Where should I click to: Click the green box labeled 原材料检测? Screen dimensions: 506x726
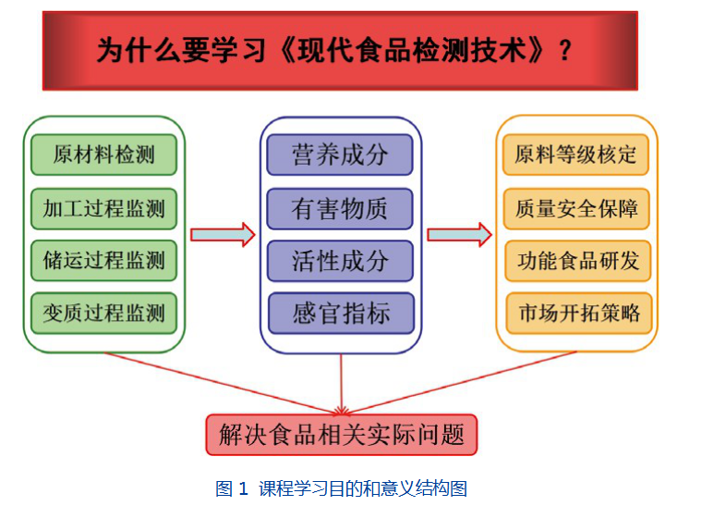point(103,154)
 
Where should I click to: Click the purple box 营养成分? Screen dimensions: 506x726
point(340,154)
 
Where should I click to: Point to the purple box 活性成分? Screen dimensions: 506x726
point(340,261)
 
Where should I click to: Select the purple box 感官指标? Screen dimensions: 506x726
point(341,314)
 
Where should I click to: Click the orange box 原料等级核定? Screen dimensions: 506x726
point(576,154)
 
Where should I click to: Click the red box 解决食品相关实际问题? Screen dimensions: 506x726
point(342,434)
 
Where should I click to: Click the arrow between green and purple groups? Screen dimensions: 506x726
point(222,235)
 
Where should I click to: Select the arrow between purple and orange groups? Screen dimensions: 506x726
point(458,235)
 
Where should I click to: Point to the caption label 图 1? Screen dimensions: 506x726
point(232,488)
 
